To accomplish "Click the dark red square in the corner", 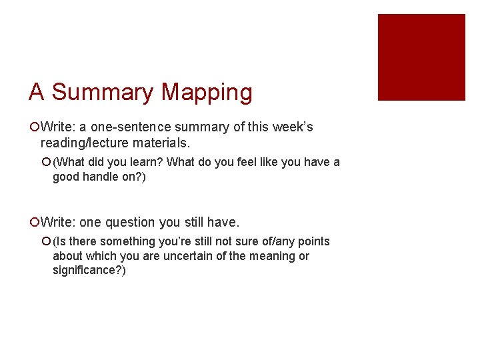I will tap(421, 57).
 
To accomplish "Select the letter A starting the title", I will tap(37, 92).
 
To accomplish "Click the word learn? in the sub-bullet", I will tap(141, 162).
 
